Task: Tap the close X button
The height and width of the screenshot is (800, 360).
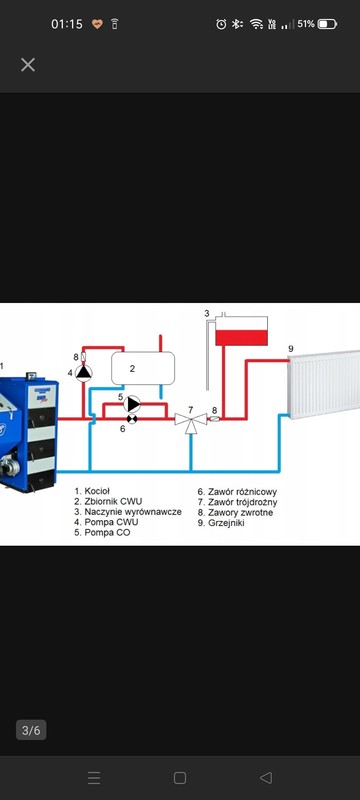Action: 28,65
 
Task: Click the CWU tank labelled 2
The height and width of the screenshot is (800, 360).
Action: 143,368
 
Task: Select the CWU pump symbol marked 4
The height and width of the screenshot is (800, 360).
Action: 84,373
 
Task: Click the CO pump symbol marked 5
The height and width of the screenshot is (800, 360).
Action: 133,404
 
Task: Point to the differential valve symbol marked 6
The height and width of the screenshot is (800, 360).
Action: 132,419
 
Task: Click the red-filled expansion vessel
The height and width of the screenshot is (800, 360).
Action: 241,331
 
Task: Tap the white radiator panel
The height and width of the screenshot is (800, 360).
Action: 324,384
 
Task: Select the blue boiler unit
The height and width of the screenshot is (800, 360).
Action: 28,434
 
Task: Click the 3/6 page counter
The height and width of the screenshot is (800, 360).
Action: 31,730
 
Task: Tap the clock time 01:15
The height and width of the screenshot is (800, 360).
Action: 67,24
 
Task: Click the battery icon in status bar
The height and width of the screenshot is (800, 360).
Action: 327,24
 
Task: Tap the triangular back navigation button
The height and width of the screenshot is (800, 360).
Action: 266,778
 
